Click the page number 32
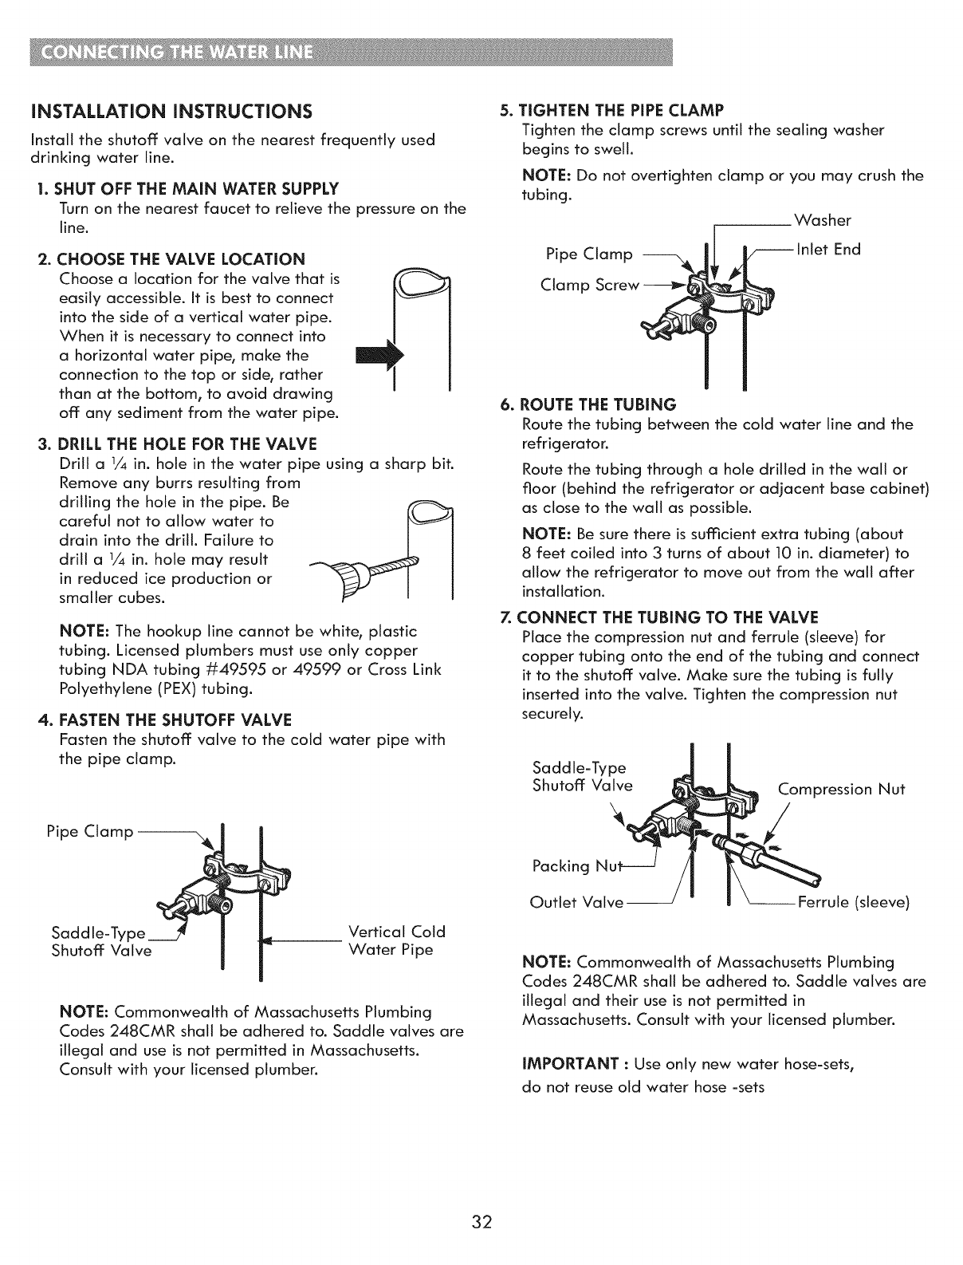point(481,1221)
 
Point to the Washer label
point(823,221)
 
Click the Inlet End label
point(829,250)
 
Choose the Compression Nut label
point(841,789)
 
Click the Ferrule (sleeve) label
point(852,903)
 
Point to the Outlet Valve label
point(576,903)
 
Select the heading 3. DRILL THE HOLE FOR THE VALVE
point(177,443)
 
